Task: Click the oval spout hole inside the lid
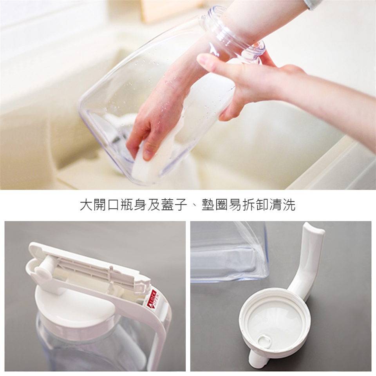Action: [x=264, y=340]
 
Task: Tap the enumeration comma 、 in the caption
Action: [x=194, y=208]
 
